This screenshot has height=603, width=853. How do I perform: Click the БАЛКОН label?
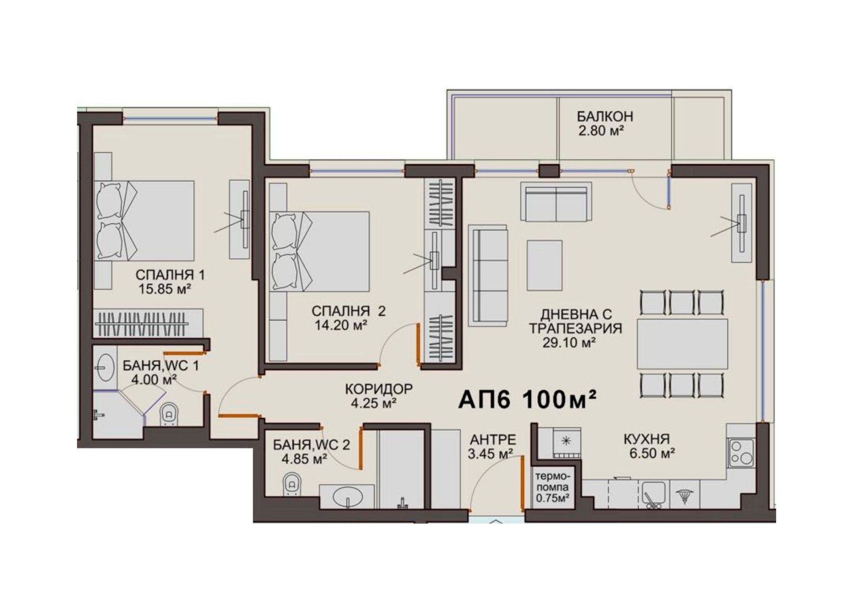coord(605,116)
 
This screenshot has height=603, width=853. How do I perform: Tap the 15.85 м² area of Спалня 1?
coord(165,289)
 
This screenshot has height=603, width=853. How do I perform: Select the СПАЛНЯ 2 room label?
coord(349,311)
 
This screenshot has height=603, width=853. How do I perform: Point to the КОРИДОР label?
coord(379,389)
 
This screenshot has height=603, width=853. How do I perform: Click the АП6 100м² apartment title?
coord(527,400)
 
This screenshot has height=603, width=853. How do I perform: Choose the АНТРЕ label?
coord(493,439)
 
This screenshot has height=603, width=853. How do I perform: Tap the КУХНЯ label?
coord(647,439)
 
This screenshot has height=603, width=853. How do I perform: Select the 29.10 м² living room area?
coord(569,342)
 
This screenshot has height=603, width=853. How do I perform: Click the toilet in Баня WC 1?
coord(169,414)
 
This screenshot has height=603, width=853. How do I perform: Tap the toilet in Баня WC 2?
coord(292,484)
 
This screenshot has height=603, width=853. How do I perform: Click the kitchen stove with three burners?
coord(741,453)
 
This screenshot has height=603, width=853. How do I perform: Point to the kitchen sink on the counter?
coord(654,494)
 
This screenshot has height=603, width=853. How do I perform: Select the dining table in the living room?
coord(682,343)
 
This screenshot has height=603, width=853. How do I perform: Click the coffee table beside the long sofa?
coord(544,265)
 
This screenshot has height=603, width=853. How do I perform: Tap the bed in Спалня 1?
coord(144,221)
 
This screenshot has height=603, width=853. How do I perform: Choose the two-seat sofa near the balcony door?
coord(557,202)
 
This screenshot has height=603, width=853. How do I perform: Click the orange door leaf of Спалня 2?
coord(418,344)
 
